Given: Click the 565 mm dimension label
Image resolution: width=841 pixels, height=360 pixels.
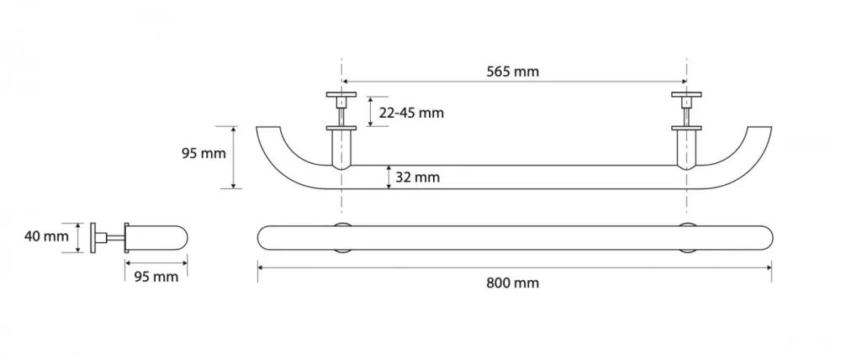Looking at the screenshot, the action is [x=512, y=71].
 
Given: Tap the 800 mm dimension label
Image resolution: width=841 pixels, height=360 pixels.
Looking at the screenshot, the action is [x=512, y=283].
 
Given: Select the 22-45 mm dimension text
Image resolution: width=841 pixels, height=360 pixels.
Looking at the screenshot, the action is [x=412, y=114].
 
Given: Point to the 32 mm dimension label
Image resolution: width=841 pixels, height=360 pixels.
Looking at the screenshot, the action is [x=417, y=177].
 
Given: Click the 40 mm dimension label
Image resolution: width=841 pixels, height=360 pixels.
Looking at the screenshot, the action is [x=46, y=236].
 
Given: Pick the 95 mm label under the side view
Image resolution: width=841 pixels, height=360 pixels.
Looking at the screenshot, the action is [x=156, y=277].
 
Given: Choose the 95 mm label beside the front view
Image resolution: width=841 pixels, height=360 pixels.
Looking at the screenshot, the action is [x=204, y=153].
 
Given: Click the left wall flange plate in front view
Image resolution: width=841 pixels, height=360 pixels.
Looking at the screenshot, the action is [x=341, y=94].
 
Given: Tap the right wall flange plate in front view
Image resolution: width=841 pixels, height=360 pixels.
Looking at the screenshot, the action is [x=686, y=94].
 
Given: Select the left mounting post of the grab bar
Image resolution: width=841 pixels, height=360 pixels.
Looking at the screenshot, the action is [x=341, y=148].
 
